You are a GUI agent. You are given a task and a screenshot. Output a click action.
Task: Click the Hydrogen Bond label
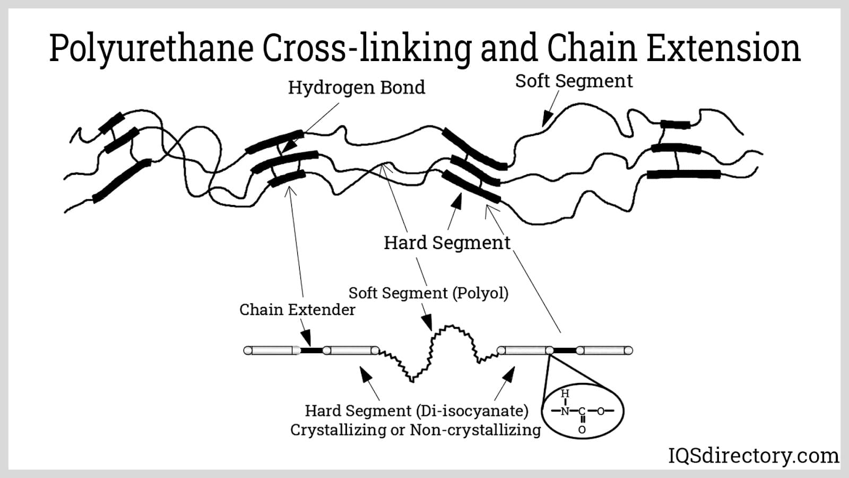[x=356, y=88]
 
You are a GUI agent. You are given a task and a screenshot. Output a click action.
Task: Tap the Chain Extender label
[x=297, y=310]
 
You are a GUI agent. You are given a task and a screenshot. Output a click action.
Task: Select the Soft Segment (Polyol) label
[x=428, y=293]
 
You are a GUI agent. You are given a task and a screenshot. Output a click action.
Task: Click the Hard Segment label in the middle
[x=447, y=243]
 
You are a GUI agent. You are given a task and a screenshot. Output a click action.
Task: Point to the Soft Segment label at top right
[x=574, y=81]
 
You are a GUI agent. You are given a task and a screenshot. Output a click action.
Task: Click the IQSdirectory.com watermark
[x=753, y=456]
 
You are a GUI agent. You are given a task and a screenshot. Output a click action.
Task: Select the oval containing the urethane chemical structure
[x=582, y=411]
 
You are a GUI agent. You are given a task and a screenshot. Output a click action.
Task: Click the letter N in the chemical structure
[x=565, y=411]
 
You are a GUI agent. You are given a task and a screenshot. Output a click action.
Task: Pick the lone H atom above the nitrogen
[x=565, y=394]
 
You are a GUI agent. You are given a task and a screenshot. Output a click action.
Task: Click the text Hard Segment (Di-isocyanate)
[x=417, y=411]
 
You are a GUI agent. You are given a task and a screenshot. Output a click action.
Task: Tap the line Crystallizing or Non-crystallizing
[x=415, y=430]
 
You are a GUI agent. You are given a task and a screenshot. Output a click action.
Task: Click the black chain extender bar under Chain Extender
[x=311, y=350]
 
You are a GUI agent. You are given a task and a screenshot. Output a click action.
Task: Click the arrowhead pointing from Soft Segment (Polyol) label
[x=427, y=322]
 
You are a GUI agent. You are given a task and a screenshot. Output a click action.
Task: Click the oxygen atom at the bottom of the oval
[x=582, y=430]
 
